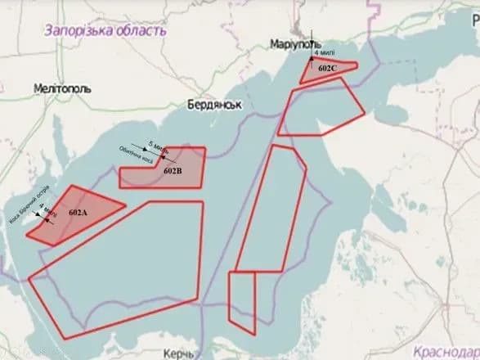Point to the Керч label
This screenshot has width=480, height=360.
point(180,353)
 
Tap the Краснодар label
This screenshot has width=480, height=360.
point(446,350)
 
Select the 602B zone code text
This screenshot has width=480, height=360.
point(173,172)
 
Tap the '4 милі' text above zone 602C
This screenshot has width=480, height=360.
point(323,52)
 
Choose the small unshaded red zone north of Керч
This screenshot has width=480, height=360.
point(241,299)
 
